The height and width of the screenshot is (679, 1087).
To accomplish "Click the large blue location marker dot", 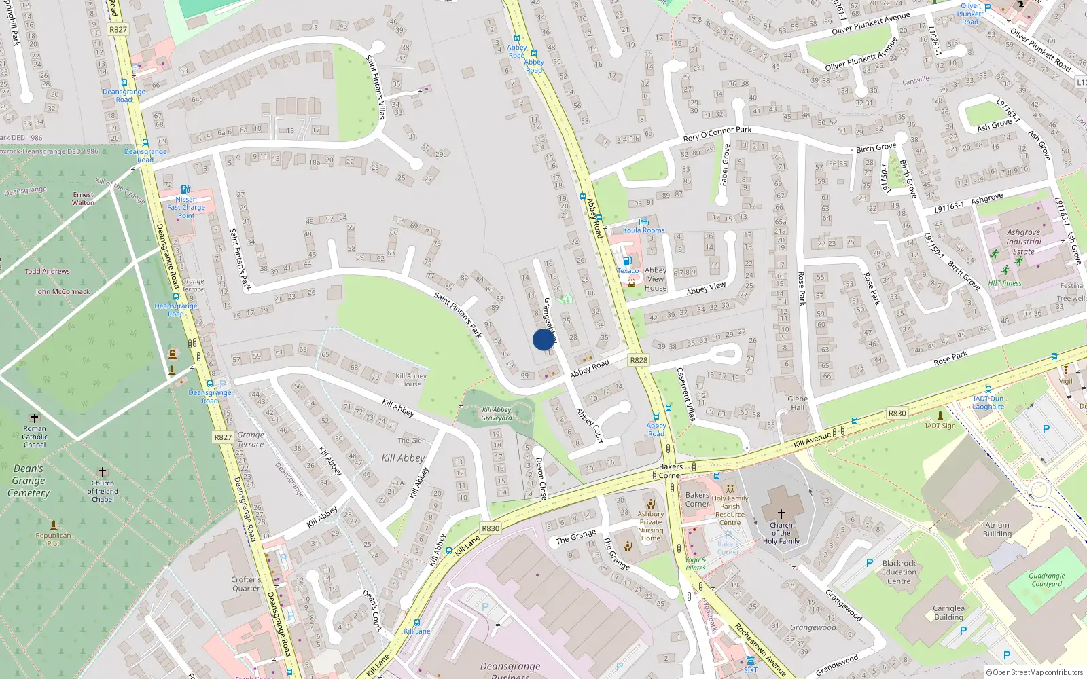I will pos(543,339).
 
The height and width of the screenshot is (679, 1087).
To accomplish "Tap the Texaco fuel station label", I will pos(628,271).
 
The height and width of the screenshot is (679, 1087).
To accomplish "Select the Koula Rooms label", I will pos(643,230).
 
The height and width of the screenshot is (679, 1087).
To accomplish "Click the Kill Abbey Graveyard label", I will pos(497,414).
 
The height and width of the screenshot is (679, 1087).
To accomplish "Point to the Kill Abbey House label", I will pos(411,380).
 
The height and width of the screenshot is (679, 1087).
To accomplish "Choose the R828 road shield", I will pos(639,360).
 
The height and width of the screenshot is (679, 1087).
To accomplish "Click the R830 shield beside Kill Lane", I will pos(491,528).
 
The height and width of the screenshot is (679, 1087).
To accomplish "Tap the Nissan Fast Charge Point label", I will pos(186,207).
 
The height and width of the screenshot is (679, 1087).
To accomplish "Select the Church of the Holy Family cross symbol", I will pos(781,514).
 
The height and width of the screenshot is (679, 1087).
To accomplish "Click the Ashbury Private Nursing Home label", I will pos(651,526).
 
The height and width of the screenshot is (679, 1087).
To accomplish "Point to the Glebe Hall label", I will pos(798,403).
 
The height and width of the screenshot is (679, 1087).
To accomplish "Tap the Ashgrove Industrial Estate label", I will pos(1023,242).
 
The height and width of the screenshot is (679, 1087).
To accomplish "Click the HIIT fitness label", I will pos(1005,284).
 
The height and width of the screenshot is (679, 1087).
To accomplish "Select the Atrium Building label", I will pos(997,529).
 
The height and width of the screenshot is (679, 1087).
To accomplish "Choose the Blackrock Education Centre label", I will pos(899,572).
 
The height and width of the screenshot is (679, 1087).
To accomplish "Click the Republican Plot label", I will pos(54,539).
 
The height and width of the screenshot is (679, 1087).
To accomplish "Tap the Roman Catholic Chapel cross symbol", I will pos(35,418).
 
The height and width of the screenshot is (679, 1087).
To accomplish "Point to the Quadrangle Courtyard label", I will pos(1046,580).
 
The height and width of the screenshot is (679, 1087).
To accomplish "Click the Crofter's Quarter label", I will pos(246,584).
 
